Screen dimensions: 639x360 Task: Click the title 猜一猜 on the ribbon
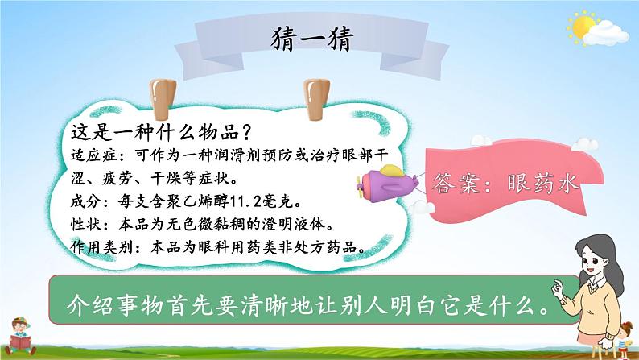311,39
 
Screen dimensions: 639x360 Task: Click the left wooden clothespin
163,99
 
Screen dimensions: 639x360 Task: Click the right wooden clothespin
316,99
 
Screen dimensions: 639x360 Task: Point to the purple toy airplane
387,184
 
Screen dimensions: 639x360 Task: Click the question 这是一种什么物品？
162,132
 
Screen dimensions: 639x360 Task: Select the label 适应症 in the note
94,155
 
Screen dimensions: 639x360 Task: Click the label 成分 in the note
86,201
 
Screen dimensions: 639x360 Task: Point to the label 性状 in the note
86,224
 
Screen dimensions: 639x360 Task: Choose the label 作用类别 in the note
102,247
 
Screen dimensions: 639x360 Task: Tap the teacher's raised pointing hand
557,288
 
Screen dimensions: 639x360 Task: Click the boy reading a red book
20,336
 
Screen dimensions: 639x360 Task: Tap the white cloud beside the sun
606,33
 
